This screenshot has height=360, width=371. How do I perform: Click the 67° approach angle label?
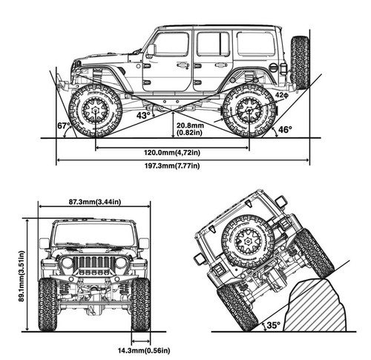63,126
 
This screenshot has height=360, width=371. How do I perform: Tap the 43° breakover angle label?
143,114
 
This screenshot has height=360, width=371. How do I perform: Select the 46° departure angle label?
284,129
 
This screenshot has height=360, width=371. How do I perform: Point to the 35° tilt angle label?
274,324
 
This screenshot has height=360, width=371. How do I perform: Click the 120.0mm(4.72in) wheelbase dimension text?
172,152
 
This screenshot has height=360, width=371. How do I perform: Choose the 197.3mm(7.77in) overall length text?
172,166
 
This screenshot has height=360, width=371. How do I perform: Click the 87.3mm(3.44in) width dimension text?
94,201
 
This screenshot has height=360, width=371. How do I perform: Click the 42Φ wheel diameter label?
281,95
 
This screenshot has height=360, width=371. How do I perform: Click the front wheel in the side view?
95,111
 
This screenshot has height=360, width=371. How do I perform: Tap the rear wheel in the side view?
249,111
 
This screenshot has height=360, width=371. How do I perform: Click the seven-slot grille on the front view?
93,264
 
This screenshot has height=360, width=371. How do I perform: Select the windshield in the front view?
93,235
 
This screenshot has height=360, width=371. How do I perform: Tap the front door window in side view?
172,45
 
